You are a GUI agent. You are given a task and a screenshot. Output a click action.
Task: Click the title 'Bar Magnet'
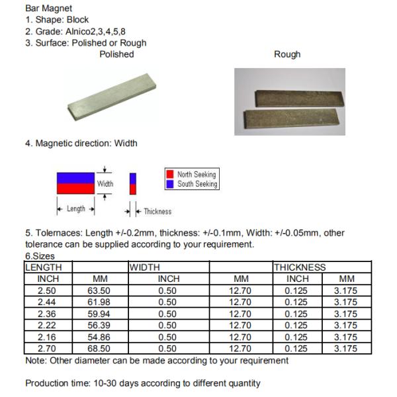[x=48, y=9]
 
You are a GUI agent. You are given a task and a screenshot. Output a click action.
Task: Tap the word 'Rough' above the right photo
[x=287, y=54]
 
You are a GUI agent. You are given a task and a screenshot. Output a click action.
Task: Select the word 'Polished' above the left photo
[x=116, y=54]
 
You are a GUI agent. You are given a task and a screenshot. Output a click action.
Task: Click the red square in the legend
[x=169, y=174]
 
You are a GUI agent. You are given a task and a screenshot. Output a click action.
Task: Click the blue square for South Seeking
[x=169, y=184]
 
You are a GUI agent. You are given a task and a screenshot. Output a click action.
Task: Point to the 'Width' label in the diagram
[x=105, y=183]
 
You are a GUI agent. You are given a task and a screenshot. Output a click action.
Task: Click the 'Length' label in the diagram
[x=76, y=209]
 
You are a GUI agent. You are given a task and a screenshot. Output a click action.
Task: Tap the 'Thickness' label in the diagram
[x=157, y=212]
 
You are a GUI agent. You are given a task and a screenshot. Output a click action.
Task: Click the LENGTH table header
[x=44, y=267]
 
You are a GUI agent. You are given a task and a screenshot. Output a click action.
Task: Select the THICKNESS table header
[x=300, y=267]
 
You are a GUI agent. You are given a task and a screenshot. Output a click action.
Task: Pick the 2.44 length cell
[x=46, y=302]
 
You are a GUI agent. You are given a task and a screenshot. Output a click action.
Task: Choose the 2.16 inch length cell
[x=46, y=337]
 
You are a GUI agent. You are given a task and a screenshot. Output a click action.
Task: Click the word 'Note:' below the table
[x=36, y=361]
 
